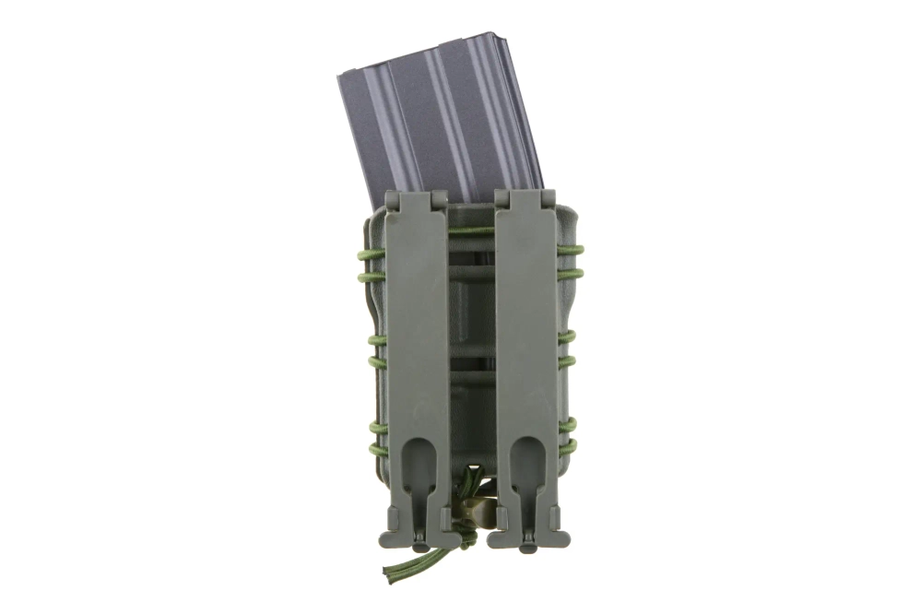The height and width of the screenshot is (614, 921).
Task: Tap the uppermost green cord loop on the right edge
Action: tap(572, 249)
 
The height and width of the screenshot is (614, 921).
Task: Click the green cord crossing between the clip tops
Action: tap(471, 230)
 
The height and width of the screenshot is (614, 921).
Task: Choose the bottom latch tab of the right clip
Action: tap(527, 544)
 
